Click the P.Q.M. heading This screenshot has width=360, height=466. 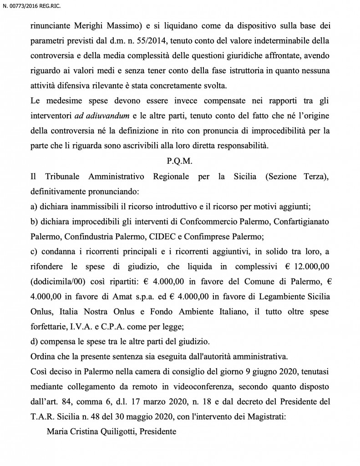180,162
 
